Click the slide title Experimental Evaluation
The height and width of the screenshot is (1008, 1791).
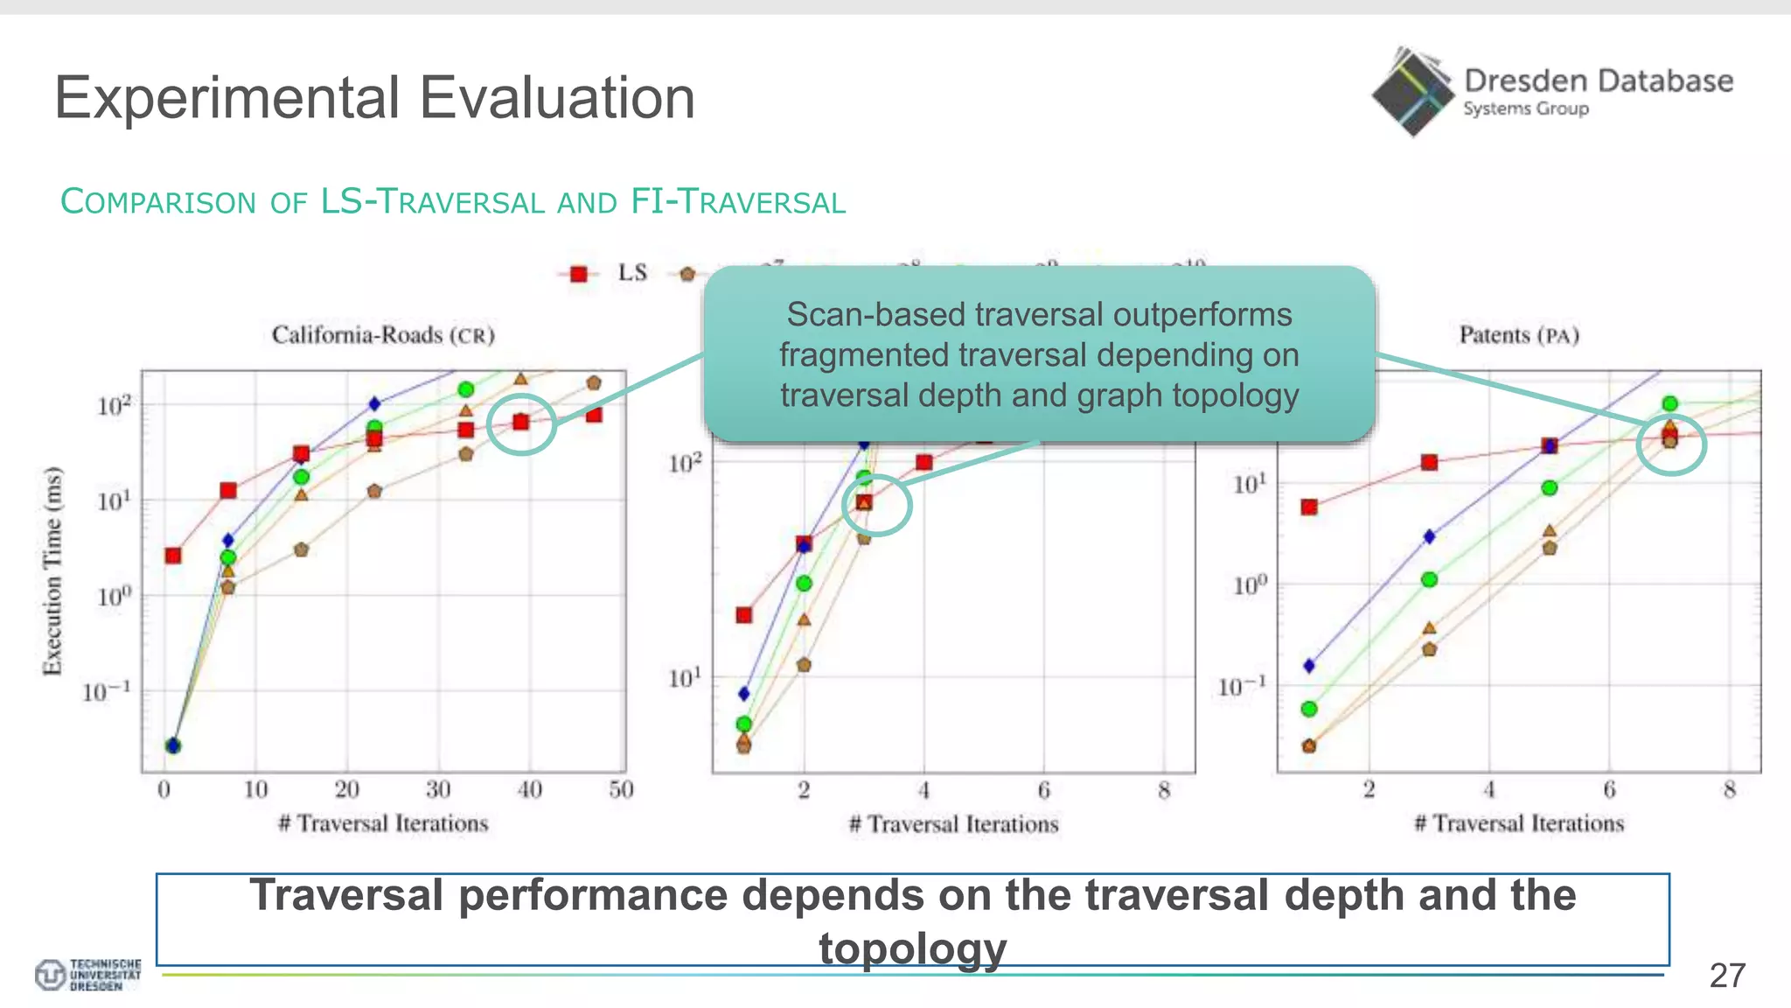click(374, 97)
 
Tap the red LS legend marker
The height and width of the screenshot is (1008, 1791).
click(578, 274)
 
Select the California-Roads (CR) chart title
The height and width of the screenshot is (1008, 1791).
click(383, 335)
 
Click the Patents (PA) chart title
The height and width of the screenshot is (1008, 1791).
click(1519, 335)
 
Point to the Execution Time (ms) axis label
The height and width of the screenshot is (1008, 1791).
click(53, 571)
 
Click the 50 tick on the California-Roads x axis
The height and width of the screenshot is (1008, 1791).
click(621, 790)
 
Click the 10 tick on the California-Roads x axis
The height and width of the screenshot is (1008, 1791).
click(255, 790)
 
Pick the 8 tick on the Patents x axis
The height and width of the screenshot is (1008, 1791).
click(1729, 790)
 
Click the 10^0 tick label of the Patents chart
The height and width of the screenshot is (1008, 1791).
click(1249, 584)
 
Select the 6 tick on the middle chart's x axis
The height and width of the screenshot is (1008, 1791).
click(1043, 791)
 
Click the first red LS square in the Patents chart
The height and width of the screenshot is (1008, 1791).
click(1309, 507)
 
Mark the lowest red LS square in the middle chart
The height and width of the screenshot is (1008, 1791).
click(744, 615)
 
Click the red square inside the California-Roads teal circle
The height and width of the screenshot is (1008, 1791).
click(521, 422)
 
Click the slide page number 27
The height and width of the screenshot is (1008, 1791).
click(1727, 976)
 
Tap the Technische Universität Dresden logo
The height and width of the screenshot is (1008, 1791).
click(87, 975)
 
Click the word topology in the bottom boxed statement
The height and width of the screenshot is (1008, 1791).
click(912, 948)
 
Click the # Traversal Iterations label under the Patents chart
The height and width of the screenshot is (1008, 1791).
click(1519, 823)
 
